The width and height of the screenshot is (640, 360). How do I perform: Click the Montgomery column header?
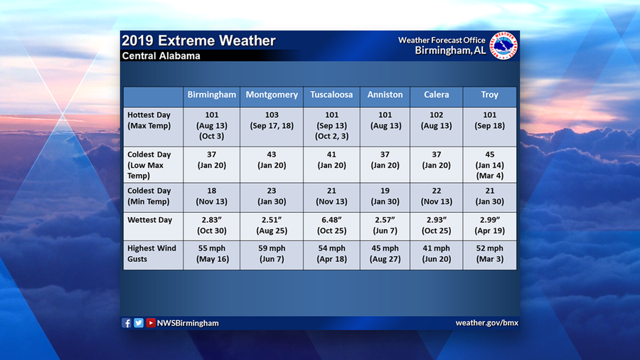click(x=272, y=95)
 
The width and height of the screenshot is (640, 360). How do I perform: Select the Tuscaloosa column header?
click(x=331, y=95)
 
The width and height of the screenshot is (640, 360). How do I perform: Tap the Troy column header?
click(x=489, y=95)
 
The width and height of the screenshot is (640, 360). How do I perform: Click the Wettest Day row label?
click(x=149, y=220)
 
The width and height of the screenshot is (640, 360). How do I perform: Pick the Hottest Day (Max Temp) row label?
click(x=149, y=120)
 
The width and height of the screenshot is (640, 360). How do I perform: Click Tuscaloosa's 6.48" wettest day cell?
click(x=331, y=226)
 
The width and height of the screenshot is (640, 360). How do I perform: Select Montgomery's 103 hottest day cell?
click(x=272, y=120)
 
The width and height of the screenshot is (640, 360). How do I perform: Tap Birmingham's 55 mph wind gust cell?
click(x=211, y=253)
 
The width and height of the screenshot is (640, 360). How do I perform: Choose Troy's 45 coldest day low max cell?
click(x=489, y=165)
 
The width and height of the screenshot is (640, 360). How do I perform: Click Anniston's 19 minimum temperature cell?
click(x=385, y=196)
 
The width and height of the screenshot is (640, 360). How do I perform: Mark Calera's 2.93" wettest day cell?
click(x=436, y=226)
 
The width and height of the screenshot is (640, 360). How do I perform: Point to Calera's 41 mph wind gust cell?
click(x=436, y=253)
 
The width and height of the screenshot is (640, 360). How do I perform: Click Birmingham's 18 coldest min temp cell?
click(x=211, y=196)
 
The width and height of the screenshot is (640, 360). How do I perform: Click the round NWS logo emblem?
click(x=503, y=46)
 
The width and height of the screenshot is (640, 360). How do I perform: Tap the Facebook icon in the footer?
click(x=127, y=323)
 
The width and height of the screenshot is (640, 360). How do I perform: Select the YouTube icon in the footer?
click(x=151, y=323)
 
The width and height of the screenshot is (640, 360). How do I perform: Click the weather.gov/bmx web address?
click(x=486, y=323)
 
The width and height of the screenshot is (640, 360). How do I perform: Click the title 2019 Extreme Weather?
click(x=198, y=41)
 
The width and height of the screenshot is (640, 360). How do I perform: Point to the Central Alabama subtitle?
click(x=161, y=55)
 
